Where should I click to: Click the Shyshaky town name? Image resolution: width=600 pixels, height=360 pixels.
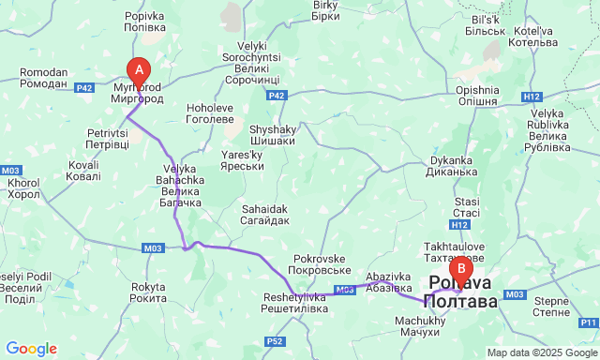[272, 135]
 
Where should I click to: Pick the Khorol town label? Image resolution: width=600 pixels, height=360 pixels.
[24, 188]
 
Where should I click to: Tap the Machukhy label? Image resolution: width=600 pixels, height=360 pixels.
[413, 326]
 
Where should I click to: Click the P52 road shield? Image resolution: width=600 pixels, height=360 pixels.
[275, 341]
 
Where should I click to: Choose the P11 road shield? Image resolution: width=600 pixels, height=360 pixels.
[587, 322]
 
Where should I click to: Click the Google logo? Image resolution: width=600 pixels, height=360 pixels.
[30, 348]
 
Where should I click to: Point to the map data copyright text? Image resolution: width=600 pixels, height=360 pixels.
[541, 352]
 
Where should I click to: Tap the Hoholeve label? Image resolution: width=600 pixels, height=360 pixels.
[210, 113]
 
